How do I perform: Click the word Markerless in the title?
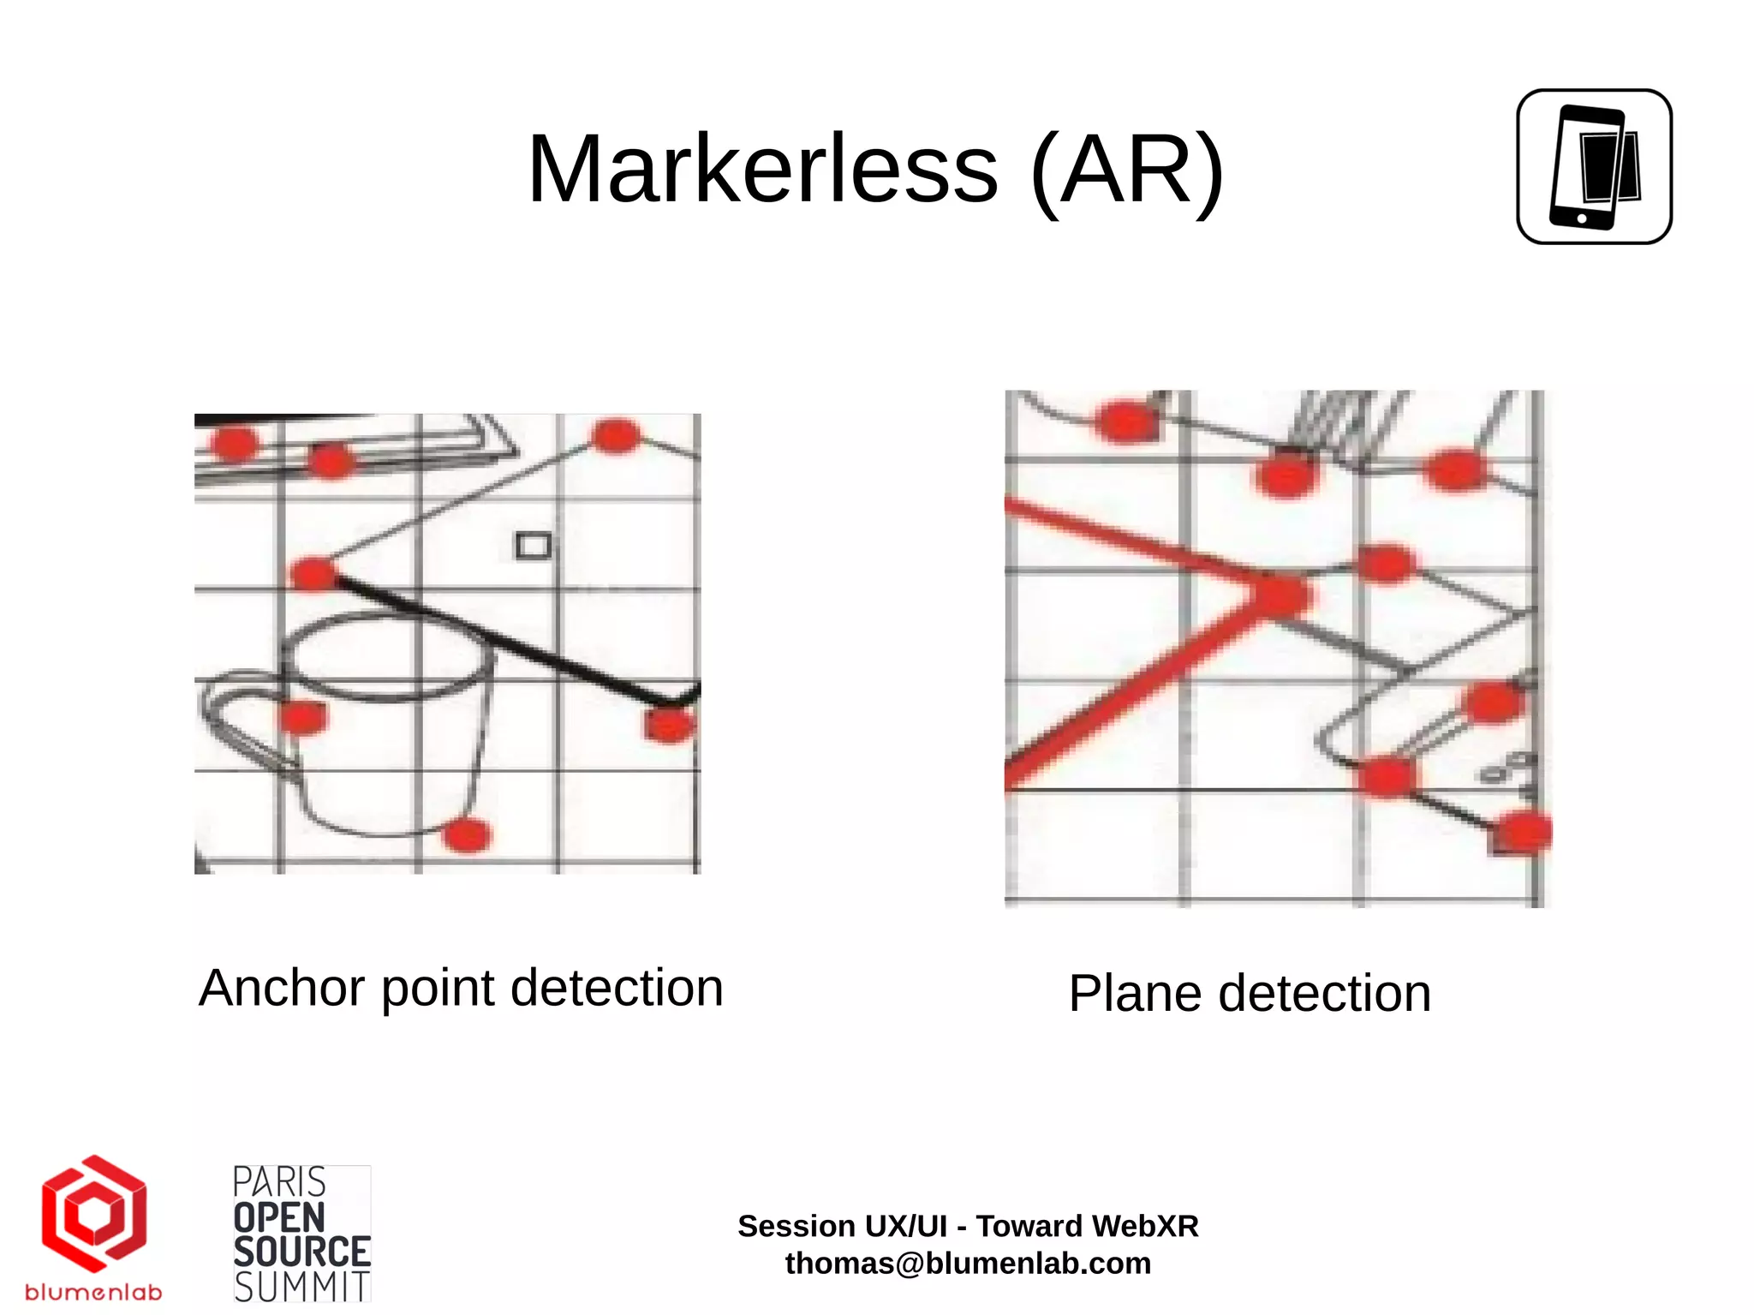[762, 170]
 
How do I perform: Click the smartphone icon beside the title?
[1594, 167]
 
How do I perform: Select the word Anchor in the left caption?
[282, 988]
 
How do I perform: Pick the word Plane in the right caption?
[1136, 994]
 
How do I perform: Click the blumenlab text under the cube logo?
[93, 1292]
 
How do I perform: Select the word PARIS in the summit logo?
[279, 1182]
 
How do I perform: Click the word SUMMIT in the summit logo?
[301, 1287]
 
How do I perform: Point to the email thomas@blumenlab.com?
[968, 1264]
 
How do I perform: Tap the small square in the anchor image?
[533, 546]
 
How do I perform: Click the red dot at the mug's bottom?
[467, 834]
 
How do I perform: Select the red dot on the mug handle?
[301, 715]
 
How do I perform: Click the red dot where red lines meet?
[1280, 595]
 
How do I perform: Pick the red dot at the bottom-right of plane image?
[1522, 832]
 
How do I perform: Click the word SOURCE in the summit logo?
[301, 1252]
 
